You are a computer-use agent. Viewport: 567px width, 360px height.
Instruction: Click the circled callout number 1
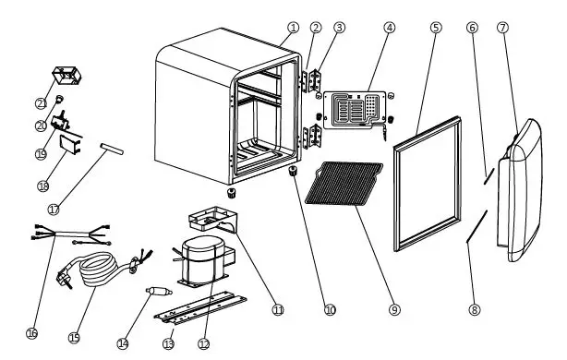coord(294,28)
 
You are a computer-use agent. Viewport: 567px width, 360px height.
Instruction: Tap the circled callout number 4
coord(389,28)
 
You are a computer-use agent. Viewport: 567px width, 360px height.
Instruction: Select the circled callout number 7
coord(502,28)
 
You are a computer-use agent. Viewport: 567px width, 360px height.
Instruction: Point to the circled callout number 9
coord(394,309)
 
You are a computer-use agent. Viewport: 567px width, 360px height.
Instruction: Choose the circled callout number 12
coord(204,343)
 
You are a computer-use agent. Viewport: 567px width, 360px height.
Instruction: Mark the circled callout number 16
coord(31,333)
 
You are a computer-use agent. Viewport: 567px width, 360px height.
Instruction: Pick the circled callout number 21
coord(42,103)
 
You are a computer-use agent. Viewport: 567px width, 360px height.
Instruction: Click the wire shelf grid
coord(344,184)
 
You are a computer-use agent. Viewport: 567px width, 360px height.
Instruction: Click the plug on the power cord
coord(64,280)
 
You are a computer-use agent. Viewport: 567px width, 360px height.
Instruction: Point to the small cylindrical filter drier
coord(159,291)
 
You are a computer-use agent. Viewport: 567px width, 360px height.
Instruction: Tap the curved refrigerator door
coord(521,190)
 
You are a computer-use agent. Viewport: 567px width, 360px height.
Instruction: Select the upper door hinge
coord(311,81)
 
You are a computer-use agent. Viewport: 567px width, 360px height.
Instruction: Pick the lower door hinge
coord(312,137)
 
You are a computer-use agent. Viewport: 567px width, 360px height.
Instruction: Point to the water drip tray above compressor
coord(213,220)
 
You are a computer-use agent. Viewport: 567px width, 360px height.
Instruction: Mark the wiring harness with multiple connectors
coord(70,234)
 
